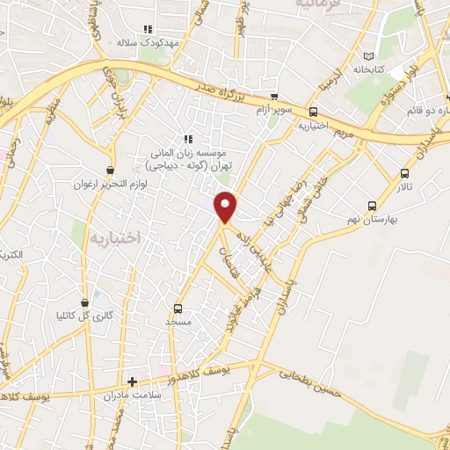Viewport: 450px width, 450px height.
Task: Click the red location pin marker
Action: [x=227, y=206]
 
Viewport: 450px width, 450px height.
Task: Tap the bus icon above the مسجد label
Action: [x=178, y=308]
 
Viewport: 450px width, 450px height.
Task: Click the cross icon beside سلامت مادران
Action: [x=132, y=382]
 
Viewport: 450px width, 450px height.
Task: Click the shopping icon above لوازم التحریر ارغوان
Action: [x=109, y=171]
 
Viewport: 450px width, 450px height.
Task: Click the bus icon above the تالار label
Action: [x=404, y=173]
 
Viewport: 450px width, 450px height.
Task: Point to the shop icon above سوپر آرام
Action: [x=274, y=97]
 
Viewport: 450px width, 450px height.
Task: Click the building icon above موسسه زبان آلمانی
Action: [x=187, y=139]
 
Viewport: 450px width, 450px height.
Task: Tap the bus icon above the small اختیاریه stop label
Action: [x=313, y=112]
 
